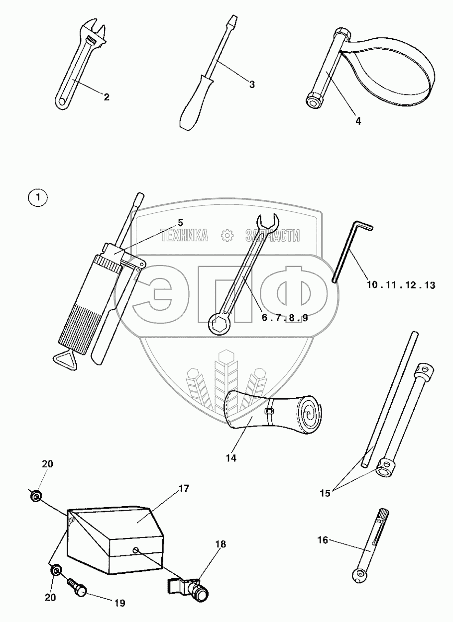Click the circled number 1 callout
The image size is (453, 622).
(38, 198)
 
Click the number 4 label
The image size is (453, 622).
(358, 120)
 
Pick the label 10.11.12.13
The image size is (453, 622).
(401, 285)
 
